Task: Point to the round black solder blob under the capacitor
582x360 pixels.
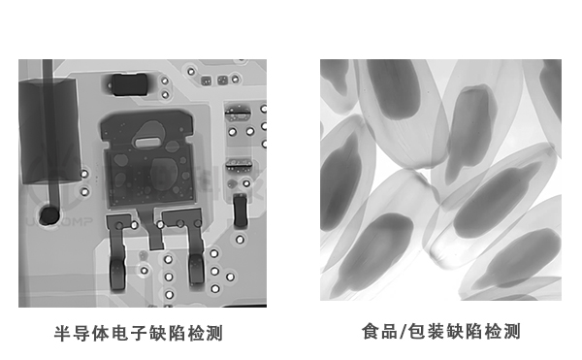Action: pyautogui.click(x=46, y=213)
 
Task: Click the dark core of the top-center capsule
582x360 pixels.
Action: pyautogui.click(x=469, y=121)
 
